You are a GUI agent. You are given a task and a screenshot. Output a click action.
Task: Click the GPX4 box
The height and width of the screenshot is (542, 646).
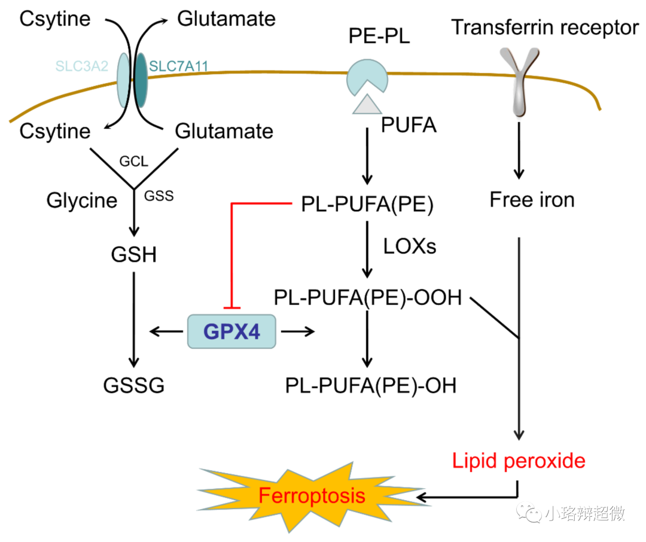pos(232,331)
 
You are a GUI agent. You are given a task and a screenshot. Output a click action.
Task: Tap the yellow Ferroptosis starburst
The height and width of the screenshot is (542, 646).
pos(311,495)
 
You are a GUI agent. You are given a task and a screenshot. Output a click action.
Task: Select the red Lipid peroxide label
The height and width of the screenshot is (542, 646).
pos(519,461)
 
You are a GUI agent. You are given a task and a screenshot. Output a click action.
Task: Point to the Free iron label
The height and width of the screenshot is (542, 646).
pos(532,199)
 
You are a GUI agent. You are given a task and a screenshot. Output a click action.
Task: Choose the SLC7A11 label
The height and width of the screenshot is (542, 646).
pos(178,66)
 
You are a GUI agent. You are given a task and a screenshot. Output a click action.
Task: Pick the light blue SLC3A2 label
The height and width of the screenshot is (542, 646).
pos(82,66)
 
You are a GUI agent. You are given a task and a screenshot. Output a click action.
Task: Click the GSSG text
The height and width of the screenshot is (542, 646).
pos(133,386)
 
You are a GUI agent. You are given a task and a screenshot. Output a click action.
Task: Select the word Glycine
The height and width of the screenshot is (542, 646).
pos(82,200)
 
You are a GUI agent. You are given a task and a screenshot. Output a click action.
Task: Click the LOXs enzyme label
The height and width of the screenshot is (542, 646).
pos(410,246)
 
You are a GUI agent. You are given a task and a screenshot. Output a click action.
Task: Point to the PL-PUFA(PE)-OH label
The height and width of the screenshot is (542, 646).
pos(371,386)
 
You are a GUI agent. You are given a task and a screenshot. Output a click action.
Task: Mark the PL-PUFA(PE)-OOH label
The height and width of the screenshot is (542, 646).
pos(368,297)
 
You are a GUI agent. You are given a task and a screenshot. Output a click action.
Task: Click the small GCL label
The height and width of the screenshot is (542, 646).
pos(133,162)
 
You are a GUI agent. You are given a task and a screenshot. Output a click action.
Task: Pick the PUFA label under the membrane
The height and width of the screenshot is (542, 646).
pos(409,126)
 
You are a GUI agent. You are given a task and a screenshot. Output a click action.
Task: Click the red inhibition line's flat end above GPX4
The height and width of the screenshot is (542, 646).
pos(231,308)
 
